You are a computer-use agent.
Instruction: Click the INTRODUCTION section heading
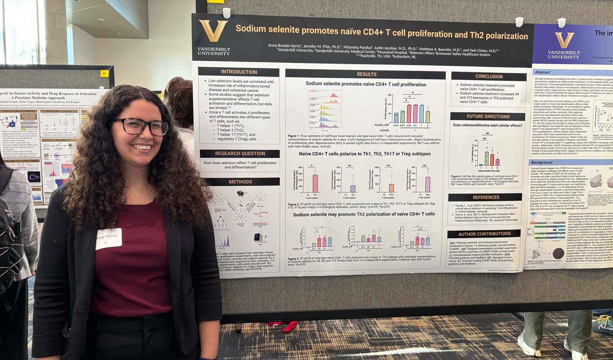click(239, 72)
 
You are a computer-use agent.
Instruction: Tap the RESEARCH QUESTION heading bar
click(240, 153)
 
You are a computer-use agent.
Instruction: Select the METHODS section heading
click(240, 182)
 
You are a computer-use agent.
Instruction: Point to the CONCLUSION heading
click(489, 77)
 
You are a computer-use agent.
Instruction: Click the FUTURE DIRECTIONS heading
click(488, 116)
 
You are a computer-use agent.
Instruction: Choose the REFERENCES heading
click(486, 197)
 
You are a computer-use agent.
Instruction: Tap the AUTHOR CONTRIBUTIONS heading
click(484, 234)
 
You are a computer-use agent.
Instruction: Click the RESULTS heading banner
click(366, 74)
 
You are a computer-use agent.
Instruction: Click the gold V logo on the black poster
click(213, 31)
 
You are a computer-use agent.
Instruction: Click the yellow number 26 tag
click(104, 73)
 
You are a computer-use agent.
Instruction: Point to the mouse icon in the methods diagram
click(242, 194)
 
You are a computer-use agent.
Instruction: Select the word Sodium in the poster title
click(250, 29)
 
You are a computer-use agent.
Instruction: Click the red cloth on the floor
click(290, 327)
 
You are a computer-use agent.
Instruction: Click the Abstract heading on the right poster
click(542, 72)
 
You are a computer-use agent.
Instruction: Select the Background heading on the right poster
click(542, 162)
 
